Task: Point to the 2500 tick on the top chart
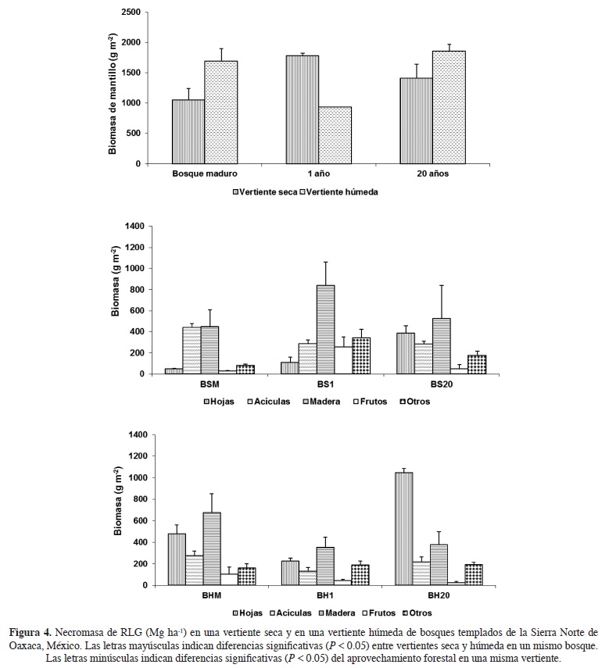pyautogui.click(x=131, y=13)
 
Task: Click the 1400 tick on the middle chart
pyautogui.click(x=134, y=226)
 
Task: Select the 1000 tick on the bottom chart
pyautogui.click(x=134, y=477)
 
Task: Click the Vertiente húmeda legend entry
pyautogui.click(x=341, y=191)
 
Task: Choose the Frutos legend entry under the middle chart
pyautogui.click(x=368, y=402)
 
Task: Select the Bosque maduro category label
pyautogui.click(x=205, y=176)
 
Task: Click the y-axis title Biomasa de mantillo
pyautogui.click(x=113, y=94)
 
